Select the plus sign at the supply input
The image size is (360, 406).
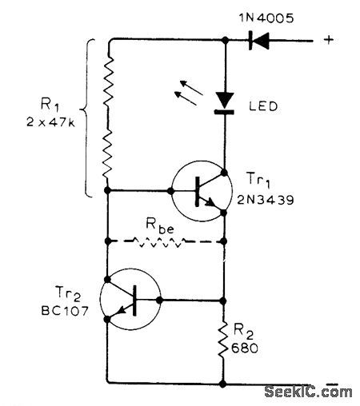(328, 37)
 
